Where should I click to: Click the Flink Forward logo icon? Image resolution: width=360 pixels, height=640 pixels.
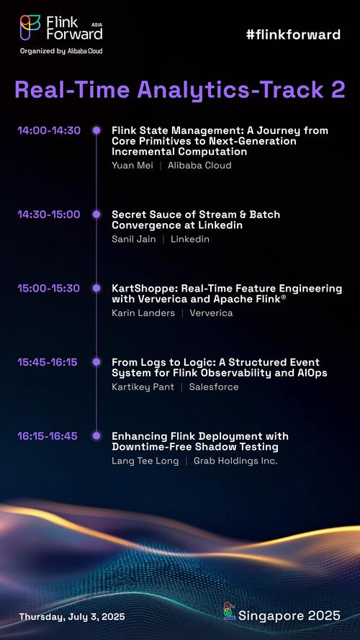tap(30, 27)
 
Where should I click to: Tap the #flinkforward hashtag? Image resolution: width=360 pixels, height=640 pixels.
tap(293, 35)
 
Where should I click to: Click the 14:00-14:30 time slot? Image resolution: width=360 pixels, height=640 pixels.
tap(49, 130)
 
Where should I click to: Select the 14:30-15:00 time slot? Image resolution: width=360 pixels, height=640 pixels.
tap(49, 215)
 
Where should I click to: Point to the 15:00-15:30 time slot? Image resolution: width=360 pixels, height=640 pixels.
tap(49, 288)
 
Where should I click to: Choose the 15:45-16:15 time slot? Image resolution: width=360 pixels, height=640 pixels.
tap(48, 362)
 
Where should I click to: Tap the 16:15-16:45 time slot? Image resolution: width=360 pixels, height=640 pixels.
tap(48, 436)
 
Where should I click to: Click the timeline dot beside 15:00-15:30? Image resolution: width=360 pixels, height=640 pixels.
tap(96, 288)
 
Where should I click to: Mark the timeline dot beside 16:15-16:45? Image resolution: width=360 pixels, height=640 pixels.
tap(96, 436)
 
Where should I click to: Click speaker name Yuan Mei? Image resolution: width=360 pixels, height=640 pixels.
tap(132, 166)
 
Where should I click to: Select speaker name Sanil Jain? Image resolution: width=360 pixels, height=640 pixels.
tap(134, 239)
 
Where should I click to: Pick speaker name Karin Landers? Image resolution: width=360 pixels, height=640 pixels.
tap(143, 313)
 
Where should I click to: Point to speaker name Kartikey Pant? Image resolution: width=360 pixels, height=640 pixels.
tap(143, 387)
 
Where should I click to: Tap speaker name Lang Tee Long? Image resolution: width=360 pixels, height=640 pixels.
tap(145, 461)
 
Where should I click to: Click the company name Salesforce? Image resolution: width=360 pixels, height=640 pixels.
tap(214, 387)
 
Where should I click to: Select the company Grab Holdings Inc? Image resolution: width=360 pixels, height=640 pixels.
tap(235, 461)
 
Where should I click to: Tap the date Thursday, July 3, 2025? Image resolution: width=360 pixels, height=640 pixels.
tap(72, 616)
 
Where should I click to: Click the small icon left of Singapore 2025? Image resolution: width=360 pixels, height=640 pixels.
tap(230, 611)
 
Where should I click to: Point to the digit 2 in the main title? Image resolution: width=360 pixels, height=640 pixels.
tap(338, 89)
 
